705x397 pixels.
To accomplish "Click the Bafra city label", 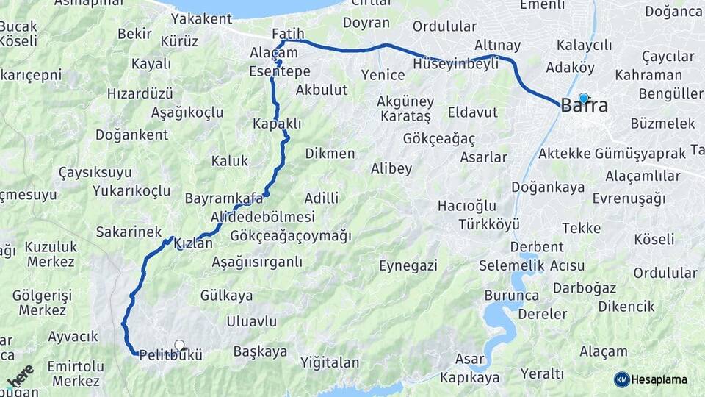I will pyautogui.click(x=584, y=106).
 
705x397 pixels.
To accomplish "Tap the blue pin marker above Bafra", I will pyautogui.click(x=584, y=97).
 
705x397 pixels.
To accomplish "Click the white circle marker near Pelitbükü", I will pyautogui.click(x=179, y=345).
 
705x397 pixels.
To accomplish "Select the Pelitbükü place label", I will pyautogui.click(x=170, y=354).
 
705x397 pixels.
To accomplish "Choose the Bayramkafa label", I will pyautogui.click(x=224, y=198).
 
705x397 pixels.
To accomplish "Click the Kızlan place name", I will pyautogui.click(x=194, y=243).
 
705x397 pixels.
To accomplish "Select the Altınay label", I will pyautogui.click(x=497, y=46).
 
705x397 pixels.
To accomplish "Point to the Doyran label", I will pyautogui.click(x=366, y=23).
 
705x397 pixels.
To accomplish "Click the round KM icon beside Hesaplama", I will pyautogui.click(x=622, y=379).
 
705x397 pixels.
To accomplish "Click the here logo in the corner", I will pyautogui.click(x=20, y=376).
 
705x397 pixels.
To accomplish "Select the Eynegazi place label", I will pyautogui.click(x=408, y=265).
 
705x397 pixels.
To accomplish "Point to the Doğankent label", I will pyautogui.click(x=131, y=135).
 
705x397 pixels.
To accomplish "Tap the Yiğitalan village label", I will pyautogui.click(x=330, y=362).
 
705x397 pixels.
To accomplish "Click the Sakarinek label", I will pyautogui.click(x=129, y=232).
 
